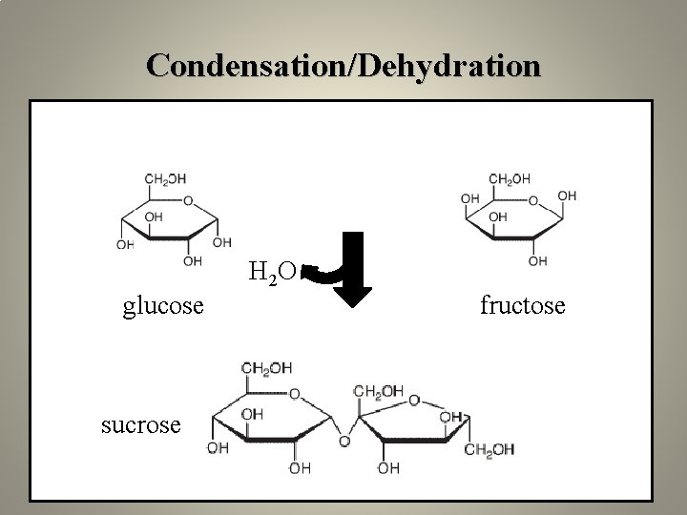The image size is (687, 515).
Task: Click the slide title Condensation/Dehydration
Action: (343, 65)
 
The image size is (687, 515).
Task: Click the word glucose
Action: (162, 306)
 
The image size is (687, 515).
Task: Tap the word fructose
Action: (522, 306)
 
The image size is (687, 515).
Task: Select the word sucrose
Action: (140, 424)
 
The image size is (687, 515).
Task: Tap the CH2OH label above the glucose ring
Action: (165, 178)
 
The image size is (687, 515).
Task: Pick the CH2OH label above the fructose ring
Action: (510, 178)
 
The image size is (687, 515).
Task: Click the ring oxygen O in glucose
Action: (188, 201)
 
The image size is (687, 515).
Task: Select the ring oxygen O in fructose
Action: (532, 201)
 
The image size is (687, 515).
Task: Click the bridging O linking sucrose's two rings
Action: (344, 442)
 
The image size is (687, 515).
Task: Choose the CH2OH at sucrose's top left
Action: (266, 368)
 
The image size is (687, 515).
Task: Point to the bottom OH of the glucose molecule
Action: (193, 260)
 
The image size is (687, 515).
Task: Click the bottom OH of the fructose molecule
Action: (537, 260)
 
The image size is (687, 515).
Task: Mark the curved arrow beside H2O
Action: (319, 275)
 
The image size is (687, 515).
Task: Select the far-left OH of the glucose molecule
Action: (125, 245)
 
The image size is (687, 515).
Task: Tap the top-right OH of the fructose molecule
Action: (567, 196)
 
